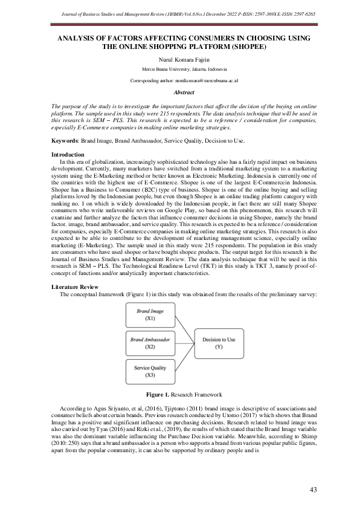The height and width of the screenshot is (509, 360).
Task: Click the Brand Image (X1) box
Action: [150, 314]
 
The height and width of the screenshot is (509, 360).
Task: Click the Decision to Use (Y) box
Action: [219, 343]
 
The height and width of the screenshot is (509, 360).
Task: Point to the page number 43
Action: [313, 489]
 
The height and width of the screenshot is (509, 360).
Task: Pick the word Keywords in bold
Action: [66, 140]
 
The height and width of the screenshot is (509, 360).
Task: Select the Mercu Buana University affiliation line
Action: [180, 70]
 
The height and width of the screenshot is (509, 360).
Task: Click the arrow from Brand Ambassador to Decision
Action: [184, 343]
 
